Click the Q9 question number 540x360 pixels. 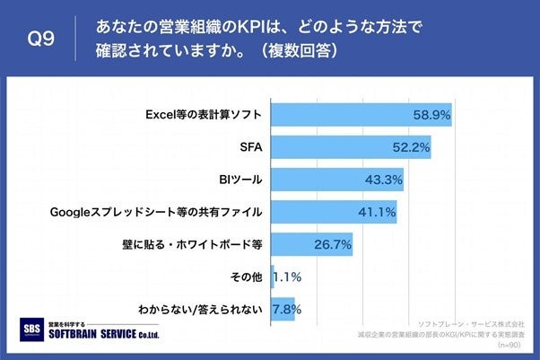(42, 39)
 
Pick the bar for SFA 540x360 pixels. (350, 147)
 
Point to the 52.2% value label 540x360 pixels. (412, 147)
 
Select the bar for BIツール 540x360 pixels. (336, 180)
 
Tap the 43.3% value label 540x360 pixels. (384, 180)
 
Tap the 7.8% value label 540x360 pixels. (286, 310)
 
